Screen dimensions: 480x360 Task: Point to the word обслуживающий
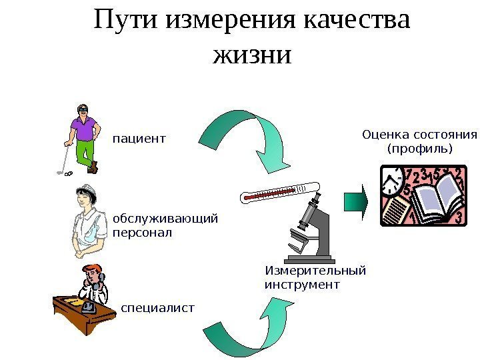click(x=165, y=219)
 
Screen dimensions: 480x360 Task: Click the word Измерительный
click(x=315, y=271)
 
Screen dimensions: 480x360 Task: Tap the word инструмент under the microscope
click(x=302, y=285)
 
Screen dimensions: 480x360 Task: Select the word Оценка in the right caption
click(x=384, y=135)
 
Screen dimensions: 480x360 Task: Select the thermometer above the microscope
click(x=273, y=193)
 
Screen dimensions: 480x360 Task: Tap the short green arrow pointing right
click(x=355, y=201)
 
